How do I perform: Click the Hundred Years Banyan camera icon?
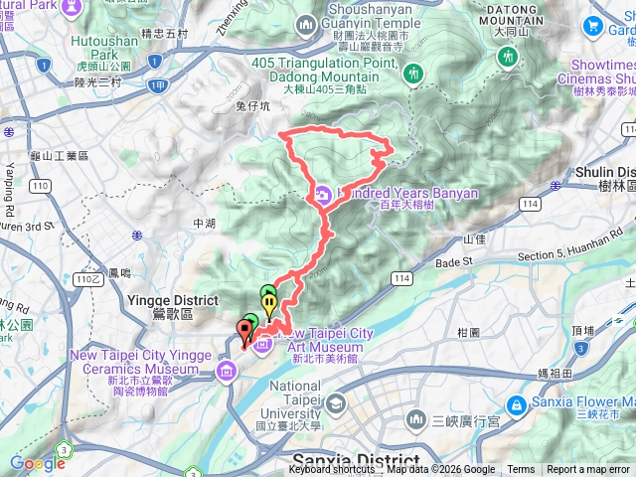324,194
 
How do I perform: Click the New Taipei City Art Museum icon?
262,345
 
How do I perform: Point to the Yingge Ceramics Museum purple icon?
226,371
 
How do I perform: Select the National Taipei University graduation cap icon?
335,402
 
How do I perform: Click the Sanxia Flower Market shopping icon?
517,405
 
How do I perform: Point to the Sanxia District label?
356,460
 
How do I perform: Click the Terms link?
521,470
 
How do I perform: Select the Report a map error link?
589,470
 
